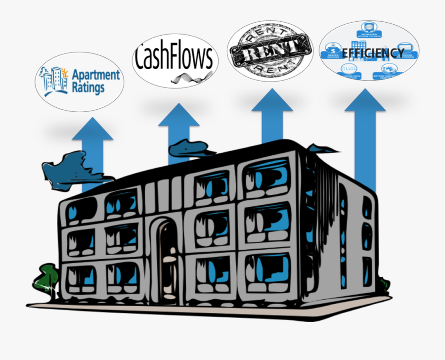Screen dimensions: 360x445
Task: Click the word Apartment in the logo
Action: pyautogui.click(x=96, y=76)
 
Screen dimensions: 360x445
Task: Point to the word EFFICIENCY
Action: pyautogui.click(x=373, y=52)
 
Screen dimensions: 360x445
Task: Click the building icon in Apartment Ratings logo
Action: pyautogui.click(x=56, y=80)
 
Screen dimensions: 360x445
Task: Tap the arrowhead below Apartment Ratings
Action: pyautogui.click(x=93, y=130)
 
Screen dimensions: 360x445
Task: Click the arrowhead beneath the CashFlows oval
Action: pyautogui.click(x=178, y=117)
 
